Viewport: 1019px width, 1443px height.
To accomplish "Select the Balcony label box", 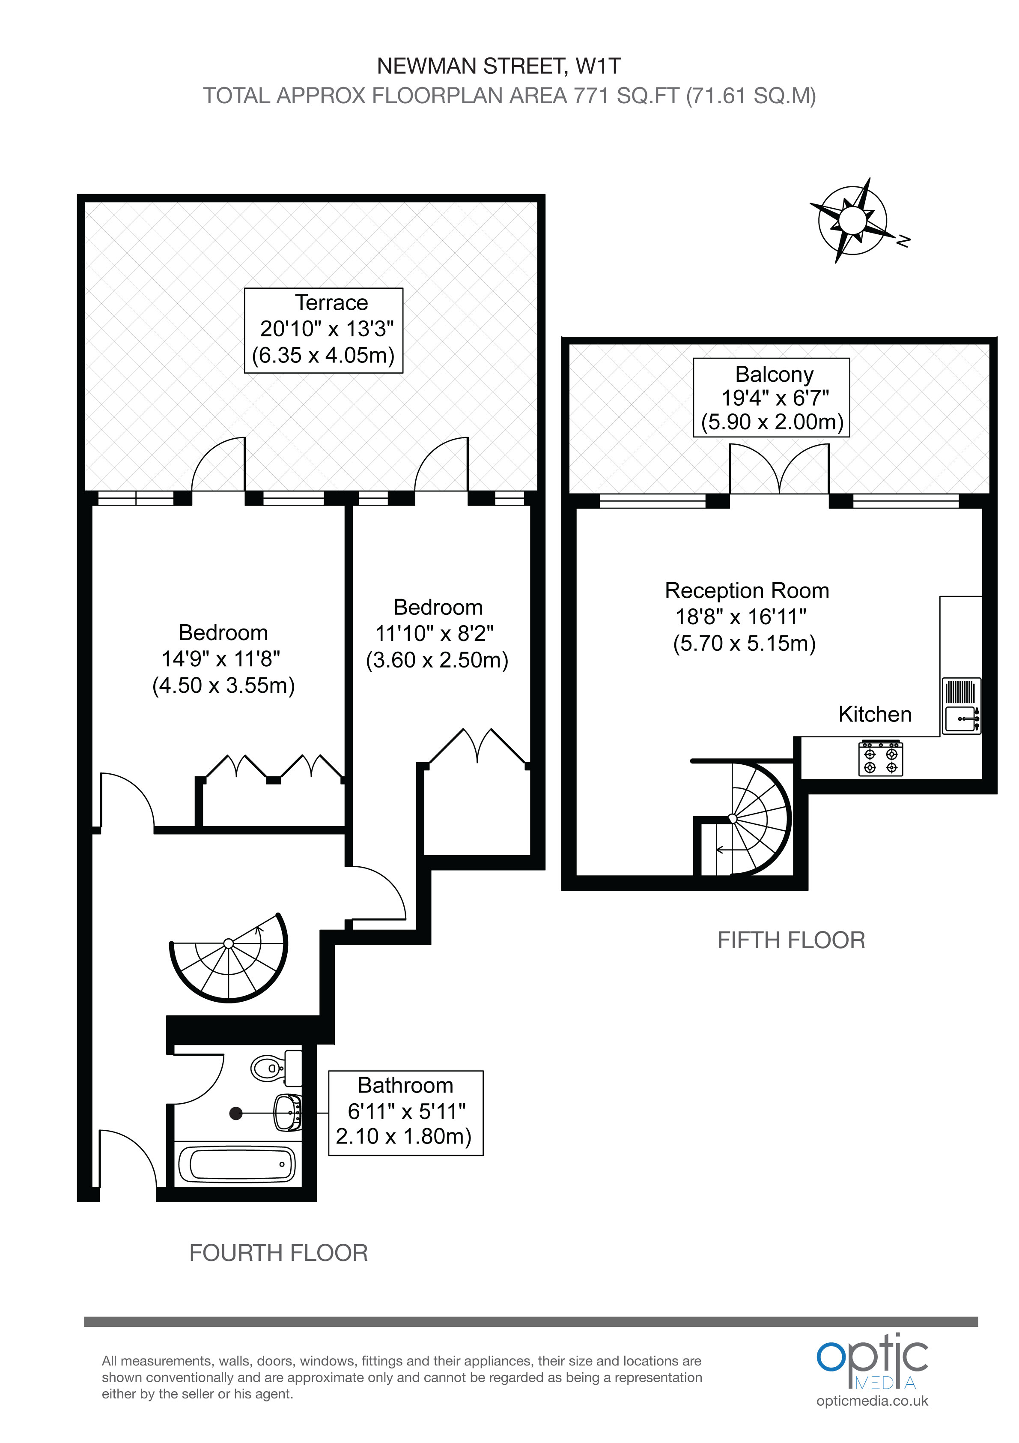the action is [x=772, y=398].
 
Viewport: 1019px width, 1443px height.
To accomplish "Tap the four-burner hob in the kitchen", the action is [x=881, y=759].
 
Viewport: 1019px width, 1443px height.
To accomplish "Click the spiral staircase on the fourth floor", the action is [x=229, y=962].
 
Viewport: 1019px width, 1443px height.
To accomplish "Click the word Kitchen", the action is [x=875, y=715].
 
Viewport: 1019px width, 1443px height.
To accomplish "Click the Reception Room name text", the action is [x=747, y=591].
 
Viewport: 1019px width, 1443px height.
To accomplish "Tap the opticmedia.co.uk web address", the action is [x=872, y=1401].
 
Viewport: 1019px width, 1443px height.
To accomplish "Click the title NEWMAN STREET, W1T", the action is [x=499, y=66].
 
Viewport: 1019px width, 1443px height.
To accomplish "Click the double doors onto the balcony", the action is [x=779, y=470].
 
